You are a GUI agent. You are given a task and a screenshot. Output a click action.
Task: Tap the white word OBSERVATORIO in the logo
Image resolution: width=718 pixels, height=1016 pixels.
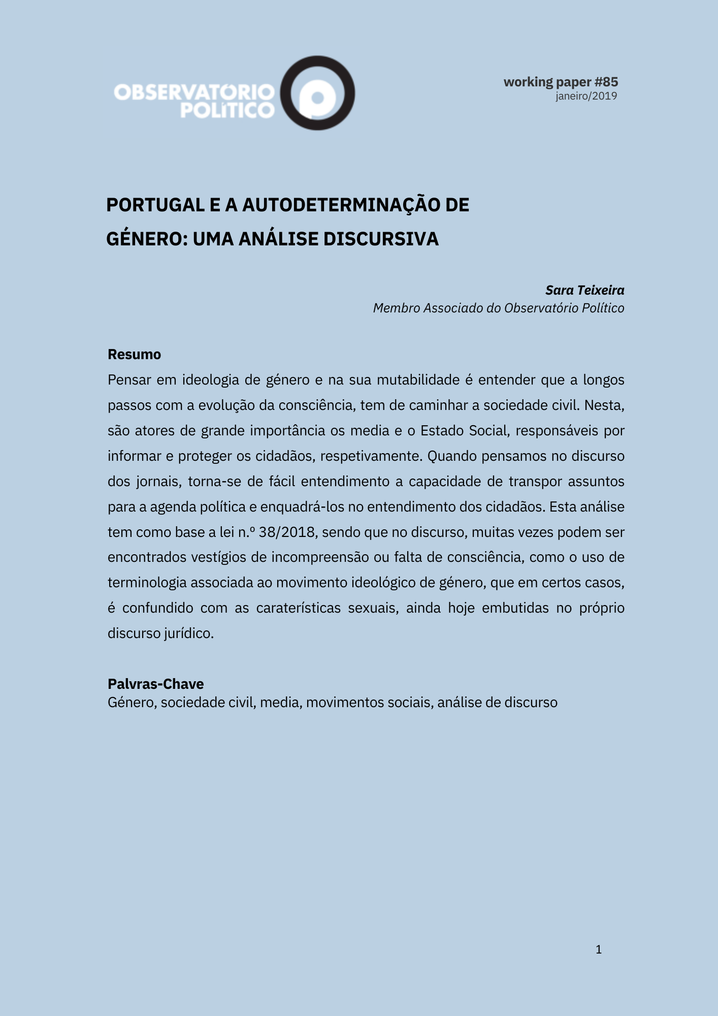pyautogui.click(x=194, y=92)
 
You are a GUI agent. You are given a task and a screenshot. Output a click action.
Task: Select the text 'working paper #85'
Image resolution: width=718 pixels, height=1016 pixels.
pyautogui.click(x=561, y=82)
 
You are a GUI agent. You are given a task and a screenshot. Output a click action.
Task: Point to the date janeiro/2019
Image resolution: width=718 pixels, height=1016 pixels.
pyautogui.click(x=586, y=96)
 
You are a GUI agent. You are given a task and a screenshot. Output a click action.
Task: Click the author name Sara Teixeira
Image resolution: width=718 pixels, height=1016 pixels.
pyautogui.click(x=584, y=290)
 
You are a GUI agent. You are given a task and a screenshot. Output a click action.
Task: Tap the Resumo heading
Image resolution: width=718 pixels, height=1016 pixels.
pyautogui.click(x=134, y=354)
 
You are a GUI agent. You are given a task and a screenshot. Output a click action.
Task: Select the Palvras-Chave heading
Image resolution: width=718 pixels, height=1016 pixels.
pyautogui.click(x=155, y=684)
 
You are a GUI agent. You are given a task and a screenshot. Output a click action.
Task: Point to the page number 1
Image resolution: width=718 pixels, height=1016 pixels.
pyautogui.click(x=599, y=949)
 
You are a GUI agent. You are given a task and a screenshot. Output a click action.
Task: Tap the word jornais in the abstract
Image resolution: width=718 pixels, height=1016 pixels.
pyautogui.click(x=158, y=482)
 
